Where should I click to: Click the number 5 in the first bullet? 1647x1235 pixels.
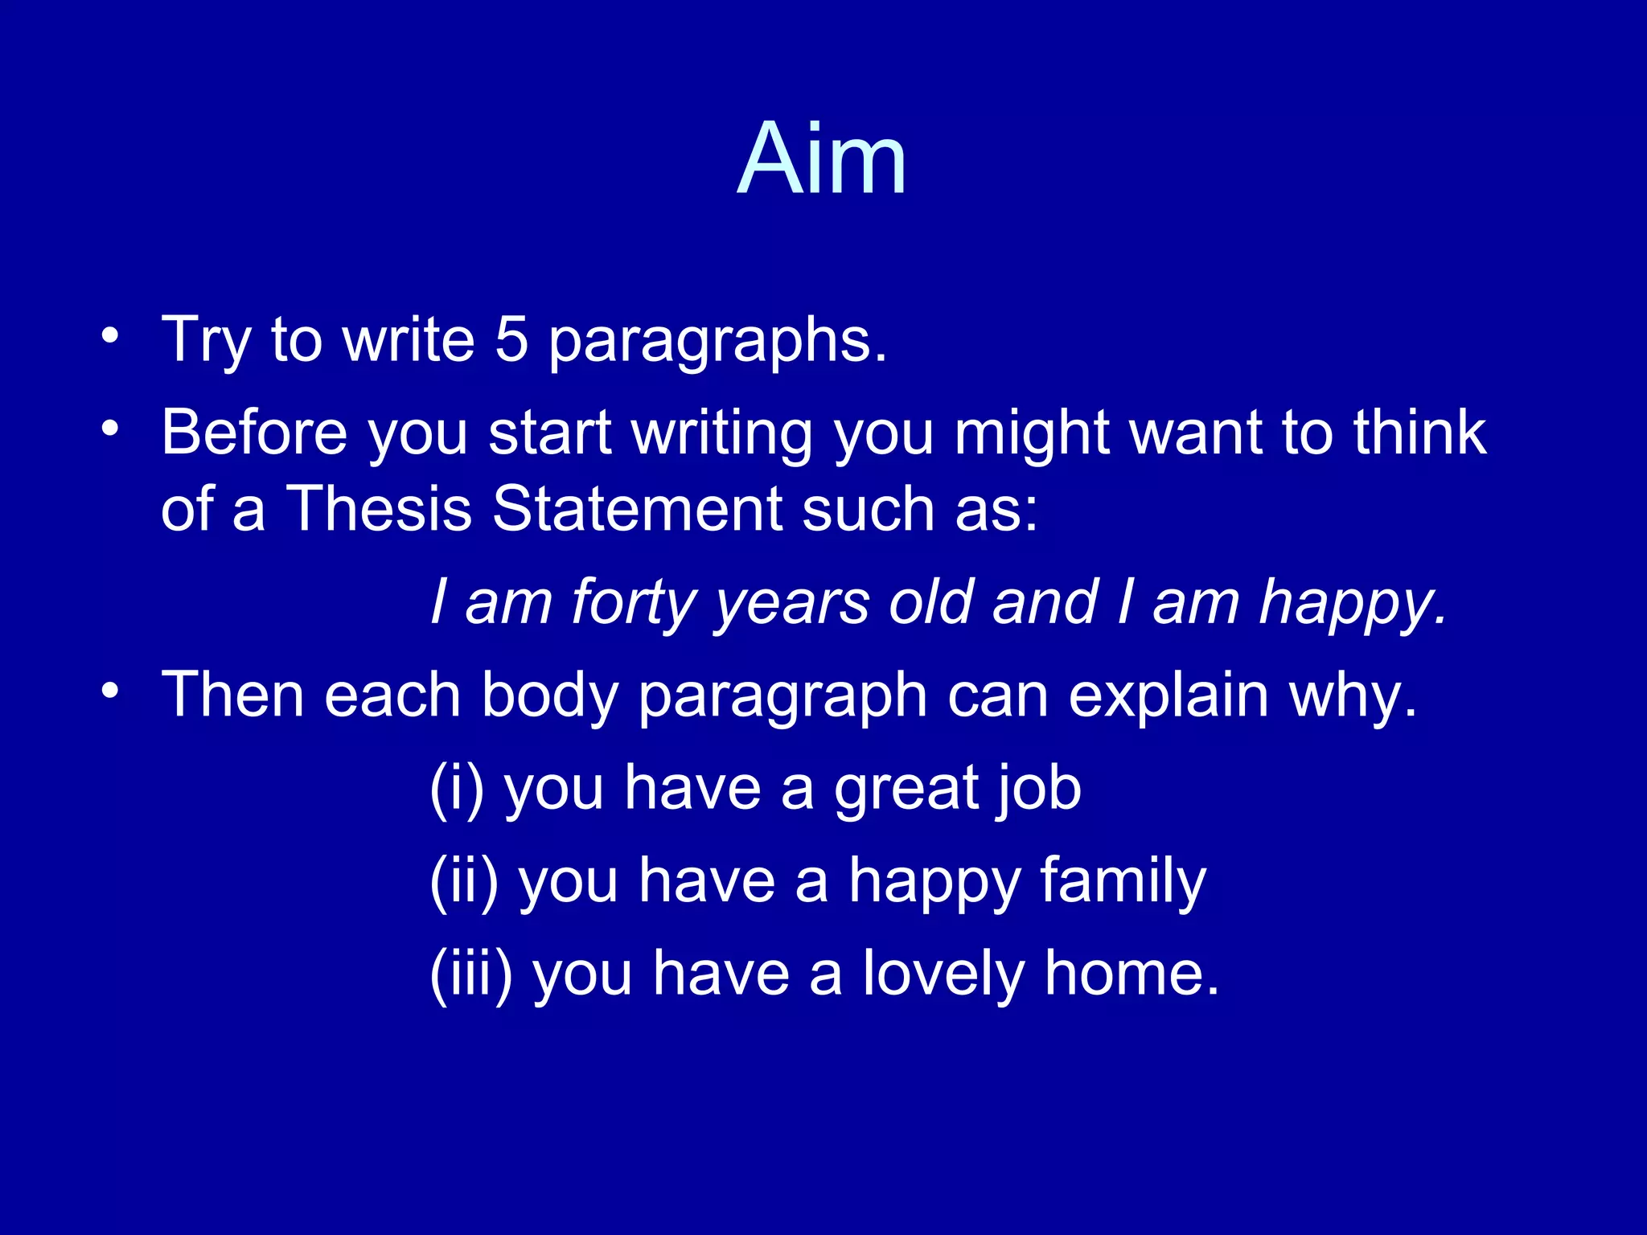511,339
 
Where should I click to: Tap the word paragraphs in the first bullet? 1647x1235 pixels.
717,343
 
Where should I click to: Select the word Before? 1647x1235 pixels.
254,433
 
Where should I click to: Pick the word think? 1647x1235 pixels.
1419,433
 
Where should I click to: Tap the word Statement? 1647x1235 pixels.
638,509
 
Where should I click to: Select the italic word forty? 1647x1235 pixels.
634,603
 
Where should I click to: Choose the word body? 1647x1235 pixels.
549,696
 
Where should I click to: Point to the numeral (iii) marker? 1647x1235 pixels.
471,974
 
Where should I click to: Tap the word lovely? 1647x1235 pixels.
943,974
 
